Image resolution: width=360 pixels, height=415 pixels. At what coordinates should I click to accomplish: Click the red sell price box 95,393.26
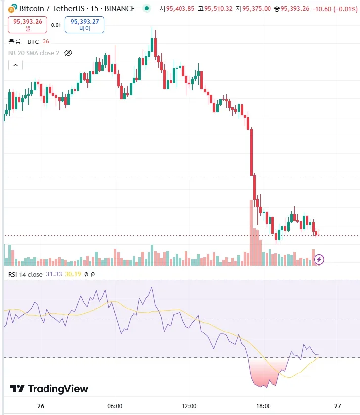pyautogui.click(x=28, y=24)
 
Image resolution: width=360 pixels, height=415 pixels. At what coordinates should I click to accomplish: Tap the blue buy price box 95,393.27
pyautogui.click(x=85, y=24)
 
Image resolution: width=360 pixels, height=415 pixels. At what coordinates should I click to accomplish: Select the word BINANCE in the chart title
pyautogui.click(x=120, y=8)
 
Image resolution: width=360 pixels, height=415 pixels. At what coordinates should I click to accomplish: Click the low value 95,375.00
pyautogui.click(x=267, y=8)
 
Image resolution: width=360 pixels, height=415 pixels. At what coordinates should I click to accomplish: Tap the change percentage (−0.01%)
pyautogui.click(x=340, y=8)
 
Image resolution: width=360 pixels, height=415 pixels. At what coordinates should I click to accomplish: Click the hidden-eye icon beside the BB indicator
pyautogui.click(x=69, y=53)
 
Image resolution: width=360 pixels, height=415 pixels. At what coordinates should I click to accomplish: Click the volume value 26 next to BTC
pyautogui.click(x=46, y=41)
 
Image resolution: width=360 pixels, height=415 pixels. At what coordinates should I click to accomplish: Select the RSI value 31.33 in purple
pyautogui.click(x=54, y=274)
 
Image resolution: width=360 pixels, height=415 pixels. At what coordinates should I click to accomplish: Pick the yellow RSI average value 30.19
pyautogui.click(x=73, y=274)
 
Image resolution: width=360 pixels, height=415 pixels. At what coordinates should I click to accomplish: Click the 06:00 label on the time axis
pyautogui.click(x=115, y=406)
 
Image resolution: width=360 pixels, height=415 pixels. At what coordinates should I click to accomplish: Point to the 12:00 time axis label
pyautogui.click(x=189, y=406)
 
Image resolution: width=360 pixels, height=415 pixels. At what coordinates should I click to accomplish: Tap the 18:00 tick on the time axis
pyautogui.click(x=264, y=406)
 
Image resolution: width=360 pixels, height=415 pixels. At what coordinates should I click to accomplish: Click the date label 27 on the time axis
pyautogui.click(x=338, y=406)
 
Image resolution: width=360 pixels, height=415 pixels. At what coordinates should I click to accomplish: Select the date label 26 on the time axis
pyautogui.click(x=41, y=406)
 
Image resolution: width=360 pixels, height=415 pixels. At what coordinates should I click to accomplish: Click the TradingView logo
pyautogui.click(x=49, y=389)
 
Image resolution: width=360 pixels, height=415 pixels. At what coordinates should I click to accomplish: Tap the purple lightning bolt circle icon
pyautogui.click(x=319, y=259)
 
